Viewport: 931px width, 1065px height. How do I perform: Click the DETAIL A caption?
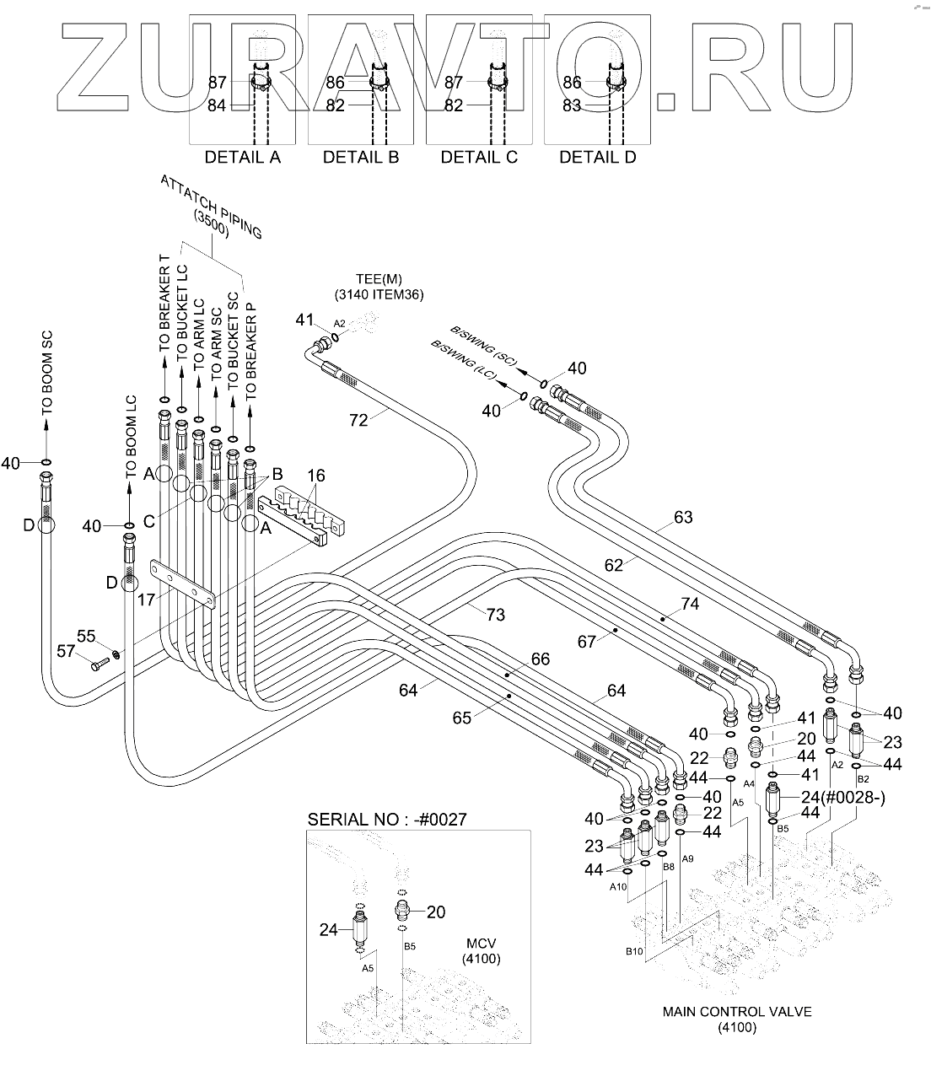click(x=243, y=157)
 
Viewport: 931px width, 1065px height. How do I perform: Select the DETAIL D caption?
click(x=598, y=157)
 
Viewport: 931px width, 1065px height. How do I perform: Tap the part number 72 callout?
click(x=358, y=419)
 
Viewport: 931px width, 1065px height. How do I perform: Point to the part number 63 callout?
click(x=682, y=516)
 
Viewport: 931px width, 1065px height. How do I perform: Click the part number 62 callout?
click(x=613, y=565)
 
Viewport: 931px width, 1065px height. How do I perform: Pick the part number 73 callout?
click(x=495, y=615)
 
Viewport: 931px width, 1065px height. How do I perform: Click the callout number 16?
click(x=315, y=476)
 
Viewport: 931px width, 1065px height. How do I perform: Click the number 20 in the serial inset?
click(x=435, y=912)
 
